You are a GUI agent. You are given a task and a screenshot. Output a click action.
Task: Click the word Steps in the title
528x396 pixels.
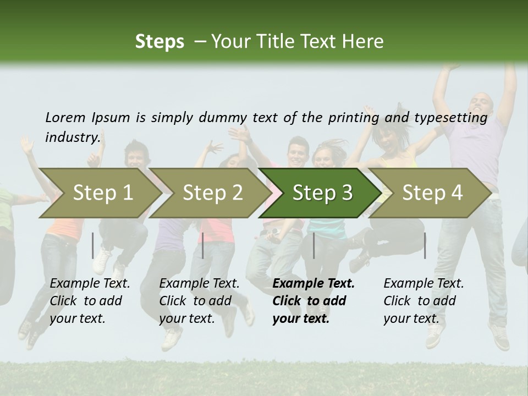159,42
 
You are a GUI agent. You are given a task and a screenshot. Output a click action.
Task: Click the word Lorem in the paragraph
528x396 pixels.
65,117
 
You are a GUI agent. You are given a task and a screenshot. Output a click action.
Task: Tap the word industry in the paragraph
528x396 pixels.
73,137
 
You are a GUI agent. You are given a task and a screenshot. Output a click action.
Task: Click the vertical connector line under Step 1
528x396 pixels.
93,245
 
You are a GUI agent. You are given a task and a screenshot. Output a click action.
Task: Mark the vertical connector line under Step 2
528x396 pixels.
203,245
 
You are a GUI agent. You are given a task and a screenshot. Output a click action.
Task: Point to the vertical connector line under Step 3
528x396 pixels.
314,245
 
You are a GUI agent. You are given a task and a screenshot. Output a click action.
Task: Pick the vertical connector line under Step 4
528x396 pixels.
425,245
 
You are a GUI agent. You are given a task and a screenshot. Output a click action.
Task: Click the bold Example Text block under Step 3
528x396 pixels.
313,301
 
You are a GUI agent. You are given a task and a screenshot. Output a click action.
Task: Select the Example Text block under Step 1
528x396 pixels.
90,301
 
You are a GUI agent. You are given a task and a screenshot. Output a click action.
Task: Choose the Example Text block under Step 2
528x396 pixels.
199,301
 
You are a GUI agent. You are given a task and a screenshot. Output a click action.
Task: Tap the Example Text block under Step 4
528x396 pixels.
424,301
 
